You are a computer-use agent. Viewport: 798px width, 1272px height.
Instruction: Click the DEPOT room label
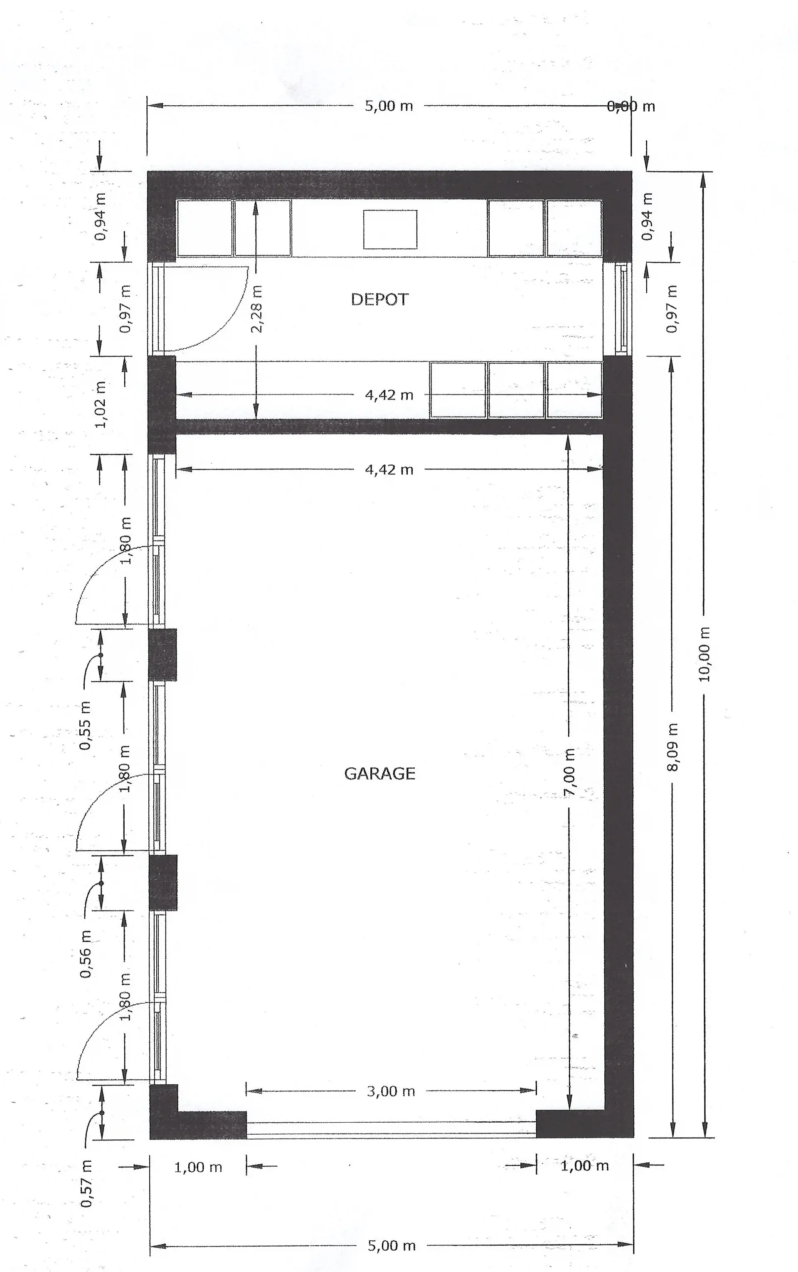tap(379, 300)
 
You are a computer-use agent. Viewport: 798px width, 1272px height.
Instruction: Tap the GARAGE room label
tap(379, 774)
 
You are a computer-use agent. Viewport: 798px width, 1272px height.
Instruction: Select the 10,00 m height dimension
tap(704, 654)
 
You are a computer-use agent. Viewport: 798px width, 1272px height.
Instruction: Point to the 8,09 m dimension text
tap(672, 747)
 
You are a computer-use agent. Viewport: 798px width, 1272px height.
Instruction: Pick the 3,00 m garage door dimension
tap(391, 1091)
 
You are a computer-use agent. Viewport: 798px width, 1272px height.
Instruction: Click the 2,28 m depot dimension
tap(256, 309)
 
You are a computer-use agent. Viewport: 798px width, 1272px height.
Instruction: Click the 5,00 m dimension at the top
tap(389, 106)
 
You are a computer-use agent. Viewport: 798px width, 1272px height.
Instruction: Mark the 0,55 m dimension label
tap(86, 725)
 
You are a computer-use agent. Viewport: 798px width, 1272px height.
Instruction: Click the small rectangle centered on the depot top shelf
tap(390, 229)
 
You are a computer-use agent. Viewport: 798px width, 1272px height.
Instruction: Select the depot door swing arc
tap(222, 322)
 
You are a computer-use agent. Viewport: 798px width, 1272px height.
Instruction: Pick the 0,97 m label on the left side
tap(126, 309)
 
